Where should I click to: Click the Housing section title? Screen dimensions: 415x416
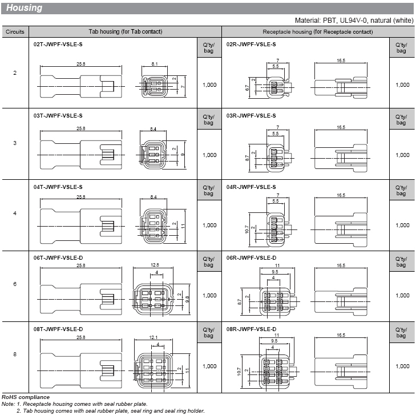[x=25, y=8]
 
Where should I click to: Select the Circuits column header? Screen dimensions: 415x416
[x=15, y=32]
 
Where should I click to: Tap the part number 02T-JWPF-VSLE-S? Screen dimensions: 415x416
[x=58, y=45]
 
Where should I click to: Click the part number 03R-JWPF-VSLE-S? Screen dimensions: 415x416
[x=251, y=115]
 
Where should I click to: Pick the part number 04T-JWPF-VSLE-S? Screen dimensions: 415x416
[x=58, y=187]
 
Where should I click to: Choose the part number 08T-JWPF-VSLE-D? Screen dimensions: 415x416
[x=58, y=329]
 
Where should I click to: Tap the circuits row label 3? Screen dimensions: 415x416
[x=15, y=143]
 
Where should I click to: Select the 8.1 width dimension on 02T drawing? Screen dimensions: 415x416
[x=155, y=63]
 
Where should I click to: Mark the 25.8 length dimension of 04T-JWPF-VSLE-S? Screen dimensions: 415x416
[x=80, y=197]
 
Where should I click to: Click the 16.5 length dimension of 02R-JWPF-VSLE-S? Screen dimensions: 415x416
[x=341, y=59]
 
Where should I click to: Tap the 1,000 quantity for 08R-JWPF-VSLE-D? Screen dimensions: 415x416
[x=402, y=366]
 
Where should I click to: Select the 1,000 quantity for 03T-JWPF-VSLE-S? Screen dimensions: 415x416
[x=209, y=155]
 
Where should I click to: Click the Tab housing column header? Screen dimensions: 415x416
[x=126, y=32]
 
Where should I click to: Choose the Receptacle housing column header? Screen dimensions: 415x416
[x=318, y=32]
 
